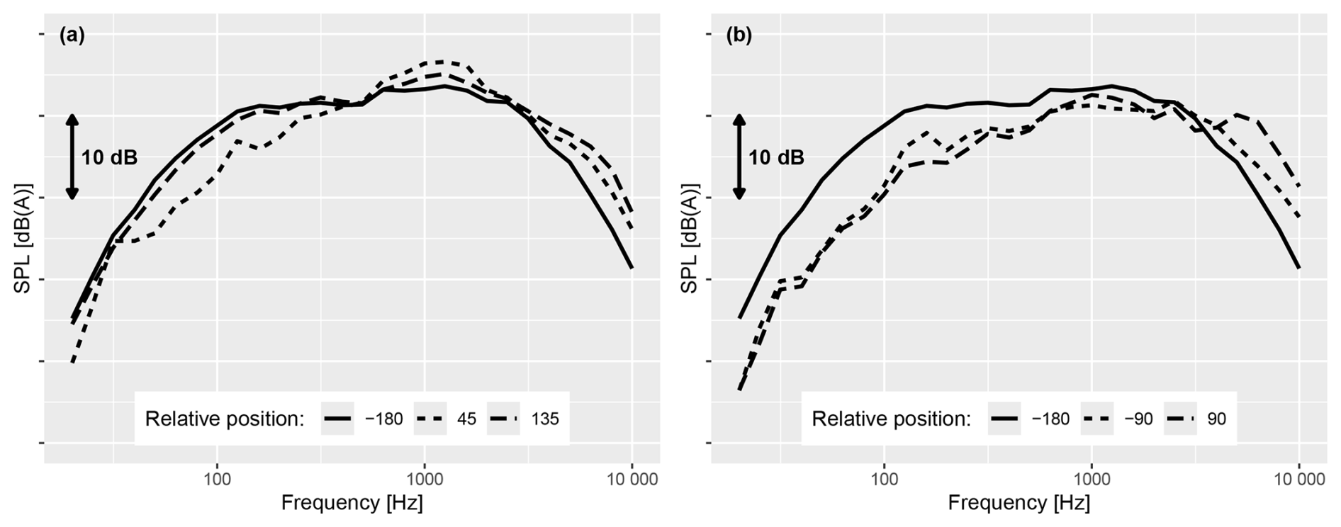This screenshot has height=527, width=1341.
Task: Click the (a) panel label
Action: click(72, 35)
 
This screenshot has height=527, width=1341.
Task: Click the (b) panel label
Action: click(739, 35)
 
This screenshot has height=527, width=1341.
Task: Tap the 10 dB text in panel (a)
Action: click(109, 157)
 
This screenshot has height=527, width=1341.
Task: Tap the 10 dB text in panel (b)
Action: click(776, 157)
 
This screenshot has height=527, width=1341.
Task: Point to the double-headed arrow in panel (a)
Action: click(72, 157)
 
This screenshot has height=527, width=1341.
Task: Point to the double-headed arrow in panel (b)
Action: click(739, 157)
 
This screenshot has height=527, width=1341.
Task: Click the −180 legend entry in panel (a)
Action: click(362, 419)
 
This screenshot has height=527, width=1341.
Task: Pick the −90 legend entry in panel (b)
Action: click(1117, 419)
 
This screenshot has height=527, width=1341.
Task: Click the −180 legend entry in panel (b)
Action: click(1029, 419)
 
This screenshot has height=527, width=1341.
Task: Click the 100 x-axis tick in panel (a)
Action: click(217, 480)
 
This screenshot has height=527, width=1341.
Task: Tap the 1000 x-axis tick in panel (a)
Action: click(425, 480)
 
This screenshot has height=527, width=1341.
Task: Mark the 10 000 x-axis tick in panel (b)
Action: click(1298, 480)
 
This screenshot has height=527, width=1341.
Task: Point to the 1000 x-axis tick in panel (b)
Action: click(1092, 480)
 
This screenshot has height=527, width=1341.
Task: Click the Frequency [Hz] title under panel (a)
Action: click(352, 503)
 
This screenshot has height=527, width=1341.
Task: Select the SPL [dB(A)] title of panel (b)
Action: click(690, 239)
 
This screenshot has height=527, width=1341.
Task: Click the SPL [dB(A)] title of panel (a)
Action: click(23, 239)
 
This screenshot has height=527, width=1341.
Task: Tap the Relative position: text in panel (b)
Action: click(891, 419)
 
